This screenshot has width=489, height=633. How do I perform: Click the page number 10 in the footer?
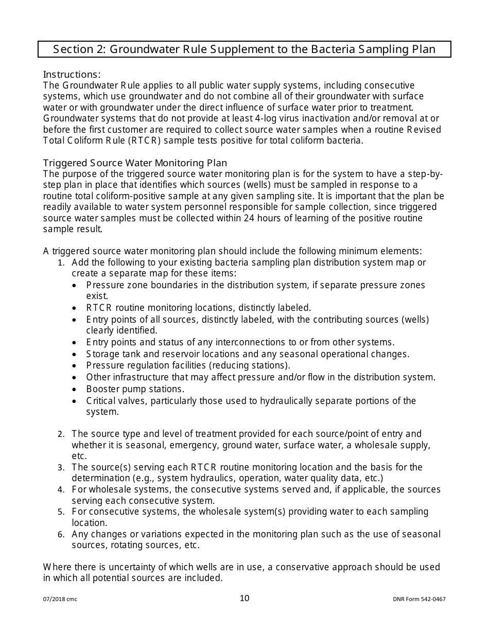click(x=244, y=598)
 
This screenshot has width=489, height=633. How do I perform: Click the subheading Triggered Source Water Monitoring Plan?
click(x=135, y=163)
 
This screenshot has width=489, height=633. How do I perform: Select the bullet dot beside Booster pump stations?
click(x=76, y=390)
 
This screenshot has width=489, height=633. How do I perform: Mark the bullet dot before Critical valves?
click(x=76, y=401)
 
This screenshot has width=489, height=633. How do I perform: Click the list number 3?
click(x=61, y=468)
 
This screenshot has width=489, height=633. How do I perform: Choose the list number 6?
click(x=61, y=535)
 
